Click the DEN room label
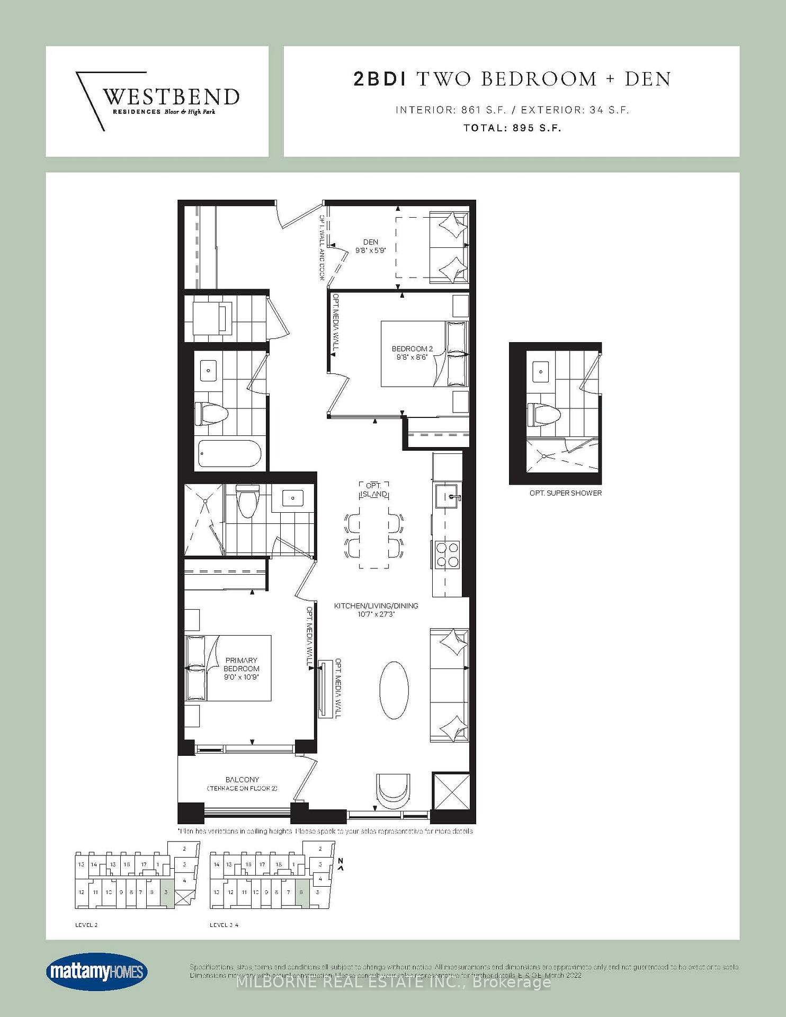coord(370,246)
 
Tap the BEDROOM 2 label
coord(412,353)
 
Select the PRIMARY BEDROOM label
coord(241,668)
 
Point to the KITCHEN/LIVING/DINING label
coord(376,610)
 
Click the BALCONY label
coord(242,783)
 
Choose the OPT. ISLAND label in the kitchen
coord(374,490)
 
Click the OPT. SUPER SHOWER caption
coord(565,493)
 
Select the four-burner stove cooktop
coord(447,554)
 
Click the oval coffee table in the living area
coord(394,690)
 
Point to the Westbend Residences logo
coord(157,101)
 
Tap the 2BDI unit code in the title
coord(379,79)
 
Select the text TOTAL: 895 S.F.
coord(512,128)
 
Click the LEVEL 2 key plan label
coord(86,925)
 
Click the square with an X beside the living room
coord(451,791)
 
